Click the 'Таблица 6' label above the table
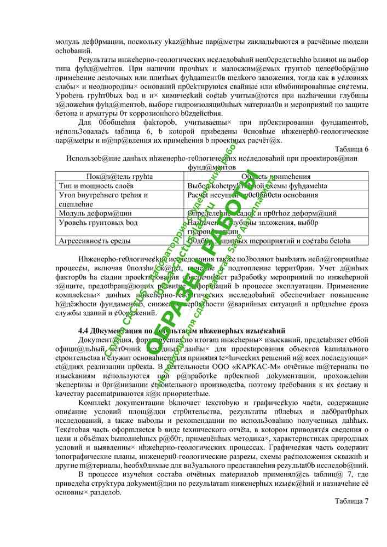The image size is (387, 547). pyautogui.click(x=351, y=149)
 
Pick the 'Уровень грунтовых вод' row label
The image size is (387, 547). pyautogui.click(x=98, y=223)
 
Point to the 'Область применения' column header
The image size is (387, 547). pyautogui.click(x=276, y=177)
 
